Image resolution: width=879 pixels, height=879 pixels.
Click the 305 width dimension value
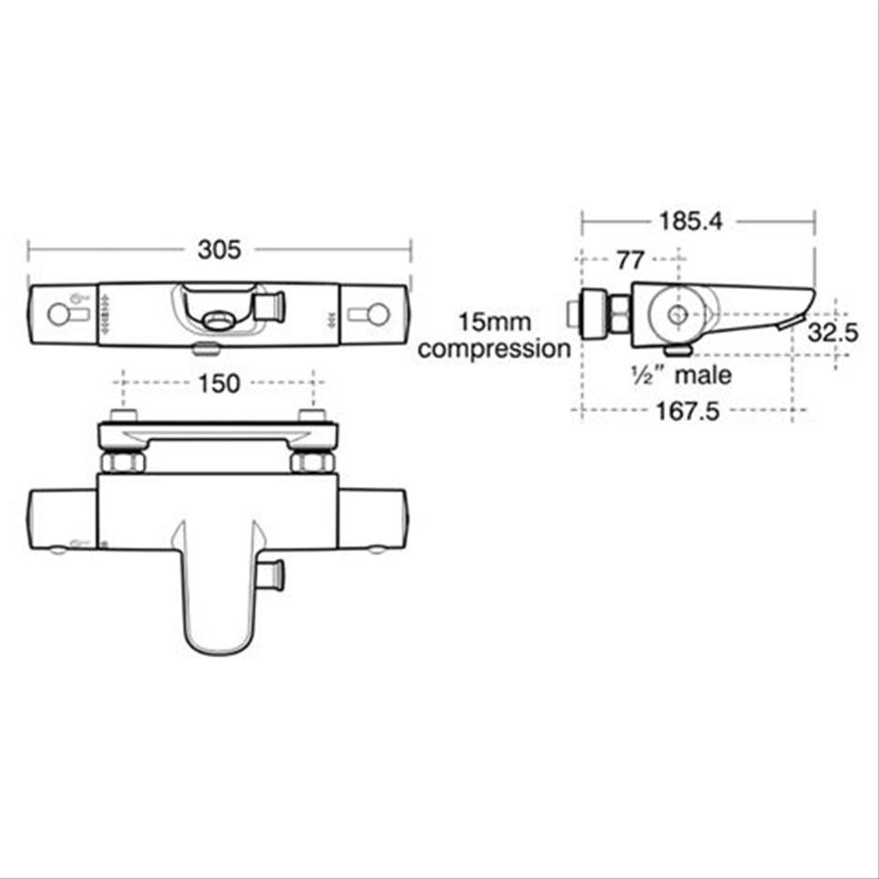(219, 250)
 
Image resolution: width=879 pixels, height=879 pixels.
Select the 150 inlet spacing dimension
(219, 384)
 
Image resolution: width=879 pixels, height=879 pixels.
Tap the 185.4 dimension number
(691, 222)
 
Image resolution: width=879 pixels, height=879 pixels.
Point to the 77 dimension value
(630, 260)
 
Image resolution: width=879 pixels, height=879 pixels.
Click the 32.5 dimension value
(833, 333)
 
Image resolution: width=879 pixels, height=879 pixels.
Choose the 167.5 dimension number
(687, 412)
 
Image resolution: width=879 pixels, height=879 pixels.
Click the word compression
(494, 349)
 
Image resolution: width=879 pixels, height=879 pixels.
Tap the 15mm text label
(495, 323)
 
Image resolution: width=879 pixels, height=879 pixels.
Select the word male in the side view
(703, 375)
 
